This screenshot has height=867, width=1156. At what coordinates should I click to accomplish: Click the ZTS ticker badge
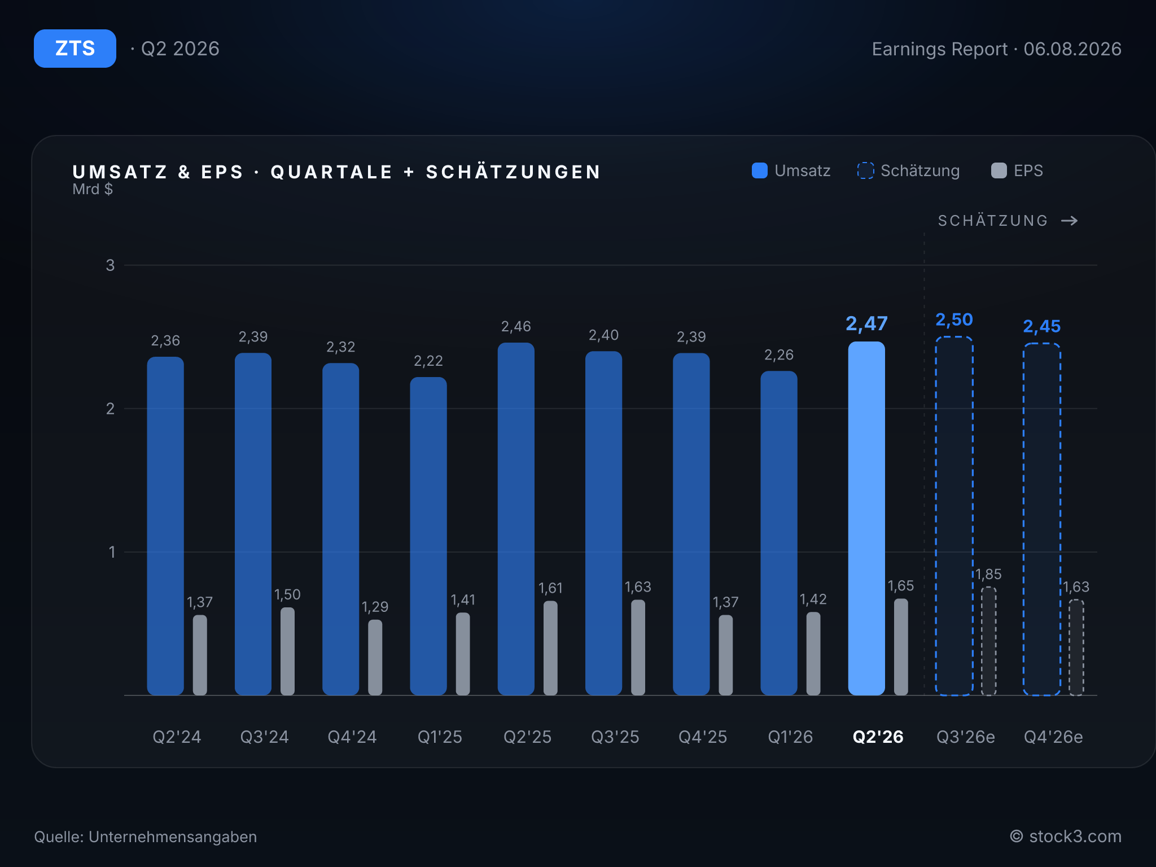point(75,49)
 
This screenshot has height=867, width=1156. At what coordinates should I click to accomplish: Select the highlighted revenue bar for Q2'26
point(866,518)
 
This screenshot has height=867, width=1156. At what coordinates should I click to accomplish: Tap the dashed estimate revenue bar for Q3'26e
point(954,516)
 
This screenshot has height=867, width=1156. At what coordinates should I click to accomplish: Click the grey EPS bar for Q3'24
point(287,651)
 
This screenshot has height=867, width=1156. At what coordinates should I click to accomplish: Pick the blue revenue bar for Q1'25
point(428,536)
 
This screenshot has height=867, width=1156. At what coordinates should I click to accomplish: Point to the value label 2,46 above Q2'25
point(516,326)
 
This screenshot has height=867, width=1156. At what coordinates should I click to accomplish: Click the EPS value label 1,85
point(988,574)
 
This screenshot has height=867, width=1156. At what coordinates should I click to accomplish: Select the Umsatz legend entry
point(791,170)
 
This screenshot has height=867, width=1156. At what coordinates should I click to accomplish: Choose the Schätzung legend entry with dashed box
point(908,170)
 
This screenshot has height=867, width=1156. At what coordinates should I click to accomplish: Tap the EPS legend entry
point(1017,170)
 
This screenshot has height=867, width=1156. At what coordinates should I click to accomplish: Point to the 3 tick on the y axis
point(110,265)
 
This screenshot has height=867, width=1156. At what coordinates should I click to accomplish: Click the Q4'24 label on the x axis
point(352,737)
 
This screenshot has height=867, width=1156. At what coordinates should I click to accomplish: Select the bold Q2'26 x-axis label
point(878,737)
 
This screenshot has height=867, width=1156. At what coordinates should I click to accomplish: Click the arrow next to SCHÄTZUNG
point(1070,221)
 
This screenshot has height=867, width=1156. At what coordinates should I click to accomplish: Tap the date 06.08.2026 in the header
point(1072,49)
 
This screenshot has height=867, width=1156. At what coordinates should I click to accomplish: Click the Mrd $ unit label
point(93,189)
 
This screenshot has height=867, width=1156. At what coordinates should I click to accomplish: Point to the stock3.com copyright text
point(1066,836)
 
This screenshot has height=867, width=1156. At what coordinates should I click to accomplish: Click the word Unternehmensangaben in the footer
point(173,837)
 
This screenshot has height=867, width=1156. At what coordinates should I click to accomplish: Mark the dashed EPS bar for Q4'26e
point(1076,647)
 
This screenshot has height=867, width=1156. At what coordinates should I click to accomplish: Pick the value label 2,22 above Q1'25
point(428,361)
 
